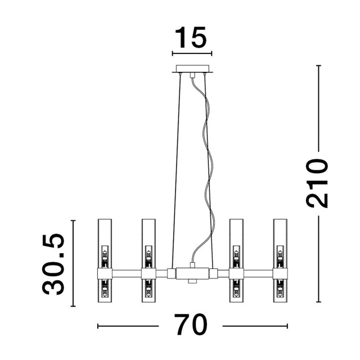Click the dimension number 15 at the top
click(x=191, y=38)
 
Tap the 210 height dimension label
click(x=317, y=183)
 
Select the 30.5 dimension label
click(x=53, y=264)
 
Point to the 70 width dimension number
click(x=191, y=325)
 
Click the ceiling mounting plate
click(x=192, y=69)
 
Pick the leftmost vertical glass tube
click(x=105, y=260)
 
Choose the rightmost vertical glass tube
click(x=280, y=260)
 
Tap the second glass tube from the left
click(x=148, y=260)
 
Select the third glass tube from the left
click(x=236, y=260)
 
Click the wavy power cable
click(x=208, y=170)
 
